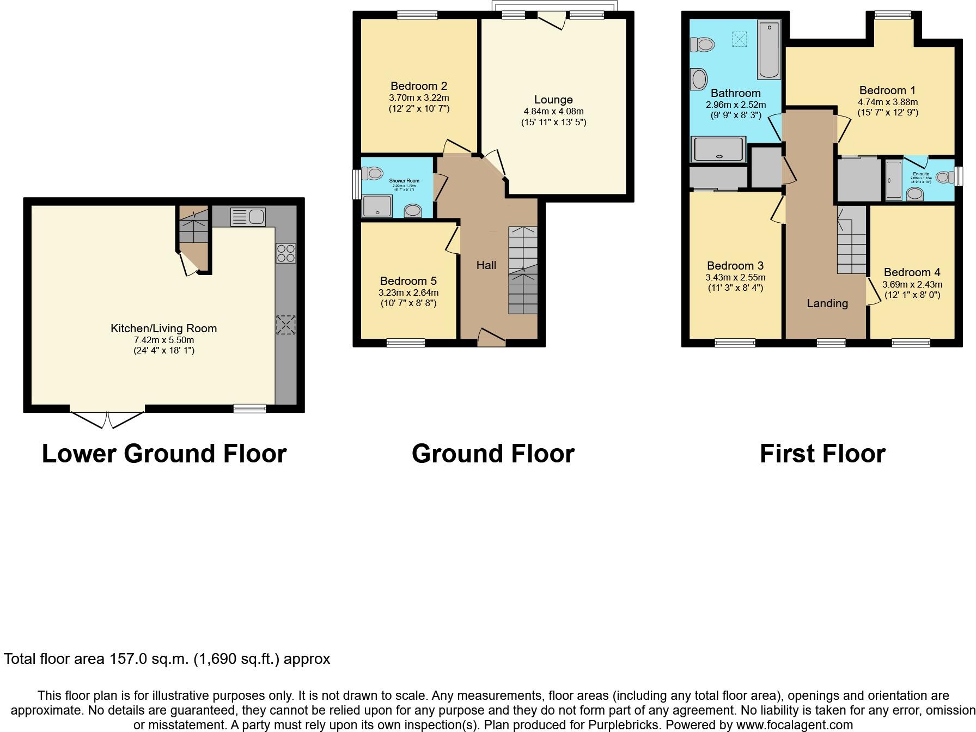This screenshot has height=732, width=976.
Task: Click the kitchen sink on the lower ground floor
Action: click(248, 217)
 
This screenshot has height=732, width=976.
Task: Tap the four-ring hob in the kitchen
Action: click(286, 253)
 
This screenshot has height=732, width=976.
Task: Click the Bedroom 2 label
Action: click(419, 86)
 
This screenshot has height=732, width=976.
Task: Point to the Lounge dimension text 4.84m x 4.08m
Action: click(553, 111)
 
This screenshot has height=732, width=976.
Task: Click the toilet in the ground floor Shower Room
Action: click(375, 173)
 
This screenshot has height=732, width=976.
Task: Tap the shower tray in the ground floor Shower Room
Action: click(376, 207)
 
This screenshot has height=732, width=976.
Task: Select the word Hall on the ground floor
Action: click(486, 265)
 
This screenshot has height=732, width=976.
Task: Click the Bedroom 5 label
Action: click(408, 281)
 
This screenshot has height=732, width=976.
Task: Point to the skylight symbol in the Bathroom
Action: click(739, 39)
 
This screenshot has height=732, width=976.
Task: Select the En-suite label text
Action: click(921, 174)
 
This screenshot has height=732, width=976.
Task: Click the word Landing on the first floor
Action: click(827, 303)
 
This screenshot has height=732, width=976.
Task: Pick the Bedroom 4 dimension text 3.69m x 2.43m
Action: click(912, 284)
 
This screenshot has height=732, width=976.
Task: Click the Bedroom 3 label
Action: click(735, 266)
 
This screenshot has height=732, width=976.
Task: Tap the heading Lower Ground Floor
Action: click(164, 454)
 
